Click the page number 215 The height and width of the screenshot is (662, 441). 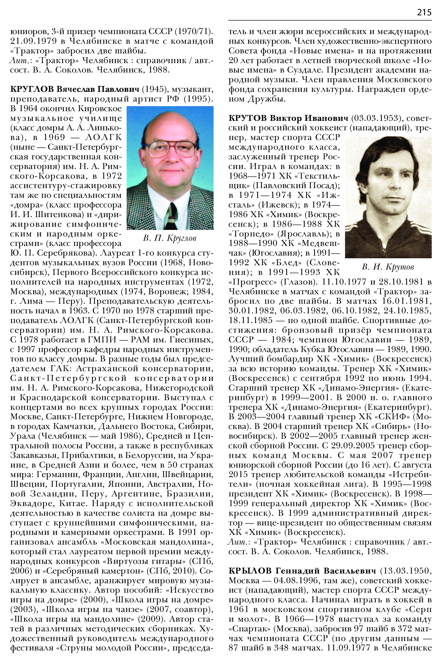[x=424, y=12]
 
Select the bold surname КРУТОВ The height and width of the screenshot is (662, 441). [x=248, y=118]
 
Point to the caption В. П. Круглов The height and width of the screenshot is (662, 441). [x=170, y=238]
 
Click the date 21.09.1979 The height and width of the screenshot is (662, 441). [x=33, y=41]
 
